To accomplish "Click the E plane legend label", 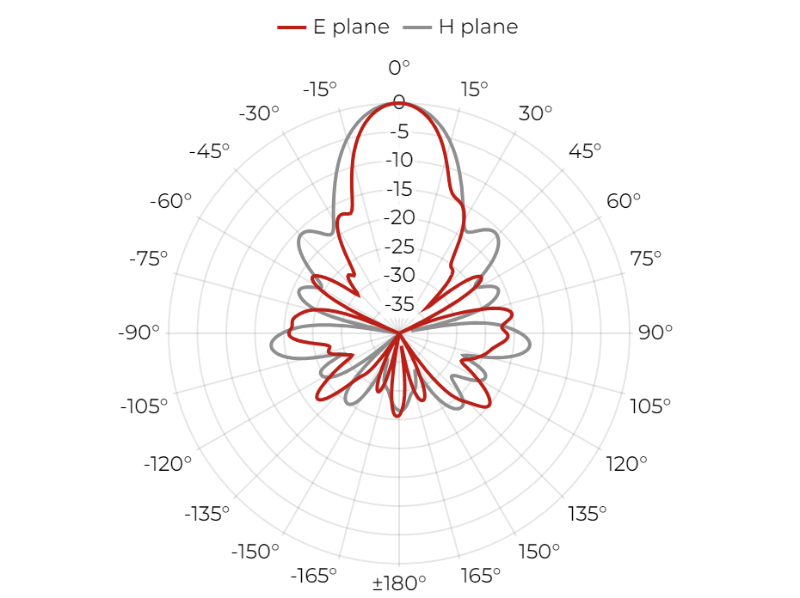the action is [x=351, y=27].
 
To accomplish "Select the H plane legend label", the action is [x=478, y=27].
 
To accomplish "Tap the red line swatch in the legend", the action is [x=292, y=27].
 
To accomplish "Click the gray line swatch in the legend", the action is [x=417, y=27].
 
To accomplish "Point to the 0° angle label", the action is [x=398, y=68].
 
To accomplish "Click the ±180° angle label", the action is [x=399, y=583].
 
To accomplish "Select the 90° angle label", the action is [x=655, y=333].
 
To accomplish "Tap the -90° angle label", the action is [x=138, y=333].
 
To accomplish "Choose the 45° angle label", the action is [x=585, y=151].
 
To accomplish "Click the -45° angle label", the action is [x=209, y=151].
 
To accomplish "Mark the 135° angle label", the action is [x=588, y=514].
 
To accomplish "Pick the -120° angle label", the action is [x=168, y=465].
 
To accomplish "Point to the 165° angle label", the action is [x=480, y=576].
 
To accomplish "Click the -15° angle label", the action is [x=320, y=89].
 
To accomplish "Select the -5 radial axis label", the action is [x=399, y=131].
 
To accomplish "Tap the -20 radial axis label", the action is [x=399, y=217].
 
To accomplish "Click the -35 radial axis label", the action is [x=399, y=304].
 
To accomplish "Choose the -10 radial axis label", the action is [x=399, y=160].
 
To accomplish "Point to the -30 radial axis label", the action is [x=399, y=275].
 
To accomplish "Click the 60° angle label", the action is [x=623, y=201].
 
